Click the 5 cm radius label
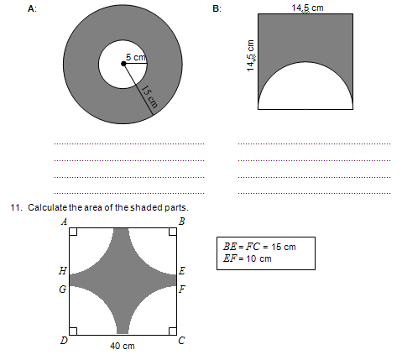[136, 57]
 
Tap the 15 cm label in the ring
[149, 100]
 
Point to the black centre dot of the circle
[123, 65]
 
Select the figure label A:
[32, 8]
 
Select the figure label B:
[217, 8]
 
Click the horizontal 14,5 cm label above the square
[307, 8]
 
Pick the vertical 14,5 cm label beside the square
[250, 56]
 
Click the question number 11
[14, 207]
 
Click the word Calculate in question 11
[49, 207]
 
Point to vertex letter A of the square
[65, 222]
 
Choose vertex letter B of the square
[182, 222]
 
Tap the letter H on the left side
[64, 272]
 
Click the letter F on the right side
[182, 289]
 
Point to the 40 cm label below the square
[123, 345]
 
